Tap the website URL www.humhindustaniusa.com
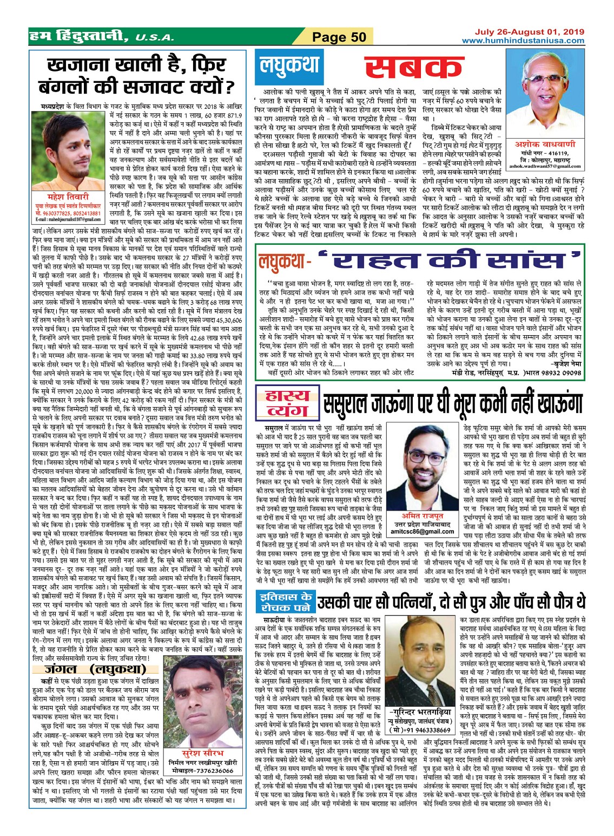pyautogui.click(x=523, y=41)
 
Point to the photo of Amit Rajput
pyautogui.click(x=423, y=467)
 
